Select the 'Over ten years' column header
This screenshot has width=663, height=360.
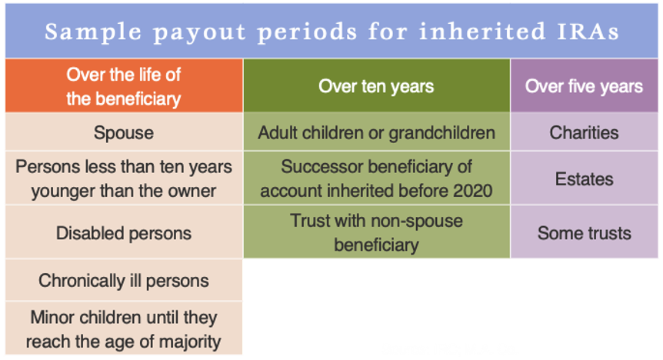(376, 86)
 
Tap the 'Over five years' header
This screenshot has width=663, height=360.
(584, 86)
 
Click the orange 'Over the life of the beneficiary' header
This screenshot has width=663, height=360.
(124, 86)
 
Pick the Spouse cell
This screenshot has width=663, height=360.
(124, 132)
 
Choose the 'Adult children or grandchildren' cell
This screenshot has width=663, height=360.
(376, 132)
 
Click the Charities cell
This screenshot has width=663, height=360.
(584, 132)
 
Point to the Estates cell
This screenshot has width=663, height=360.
(584, 178)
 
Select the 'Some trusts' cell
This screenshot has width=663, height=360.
(584, 232)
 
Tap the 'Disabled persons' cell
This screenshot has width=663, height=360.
(124, 232)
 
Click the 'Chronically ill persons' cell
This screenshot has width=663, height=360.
(124, 280)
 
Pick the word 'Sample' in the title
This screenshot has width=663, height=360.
(93, 32)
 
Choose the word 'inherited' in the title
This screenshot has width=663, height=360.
(482, 32)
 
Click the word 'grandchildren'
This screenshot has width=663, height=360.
(441, 132)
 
